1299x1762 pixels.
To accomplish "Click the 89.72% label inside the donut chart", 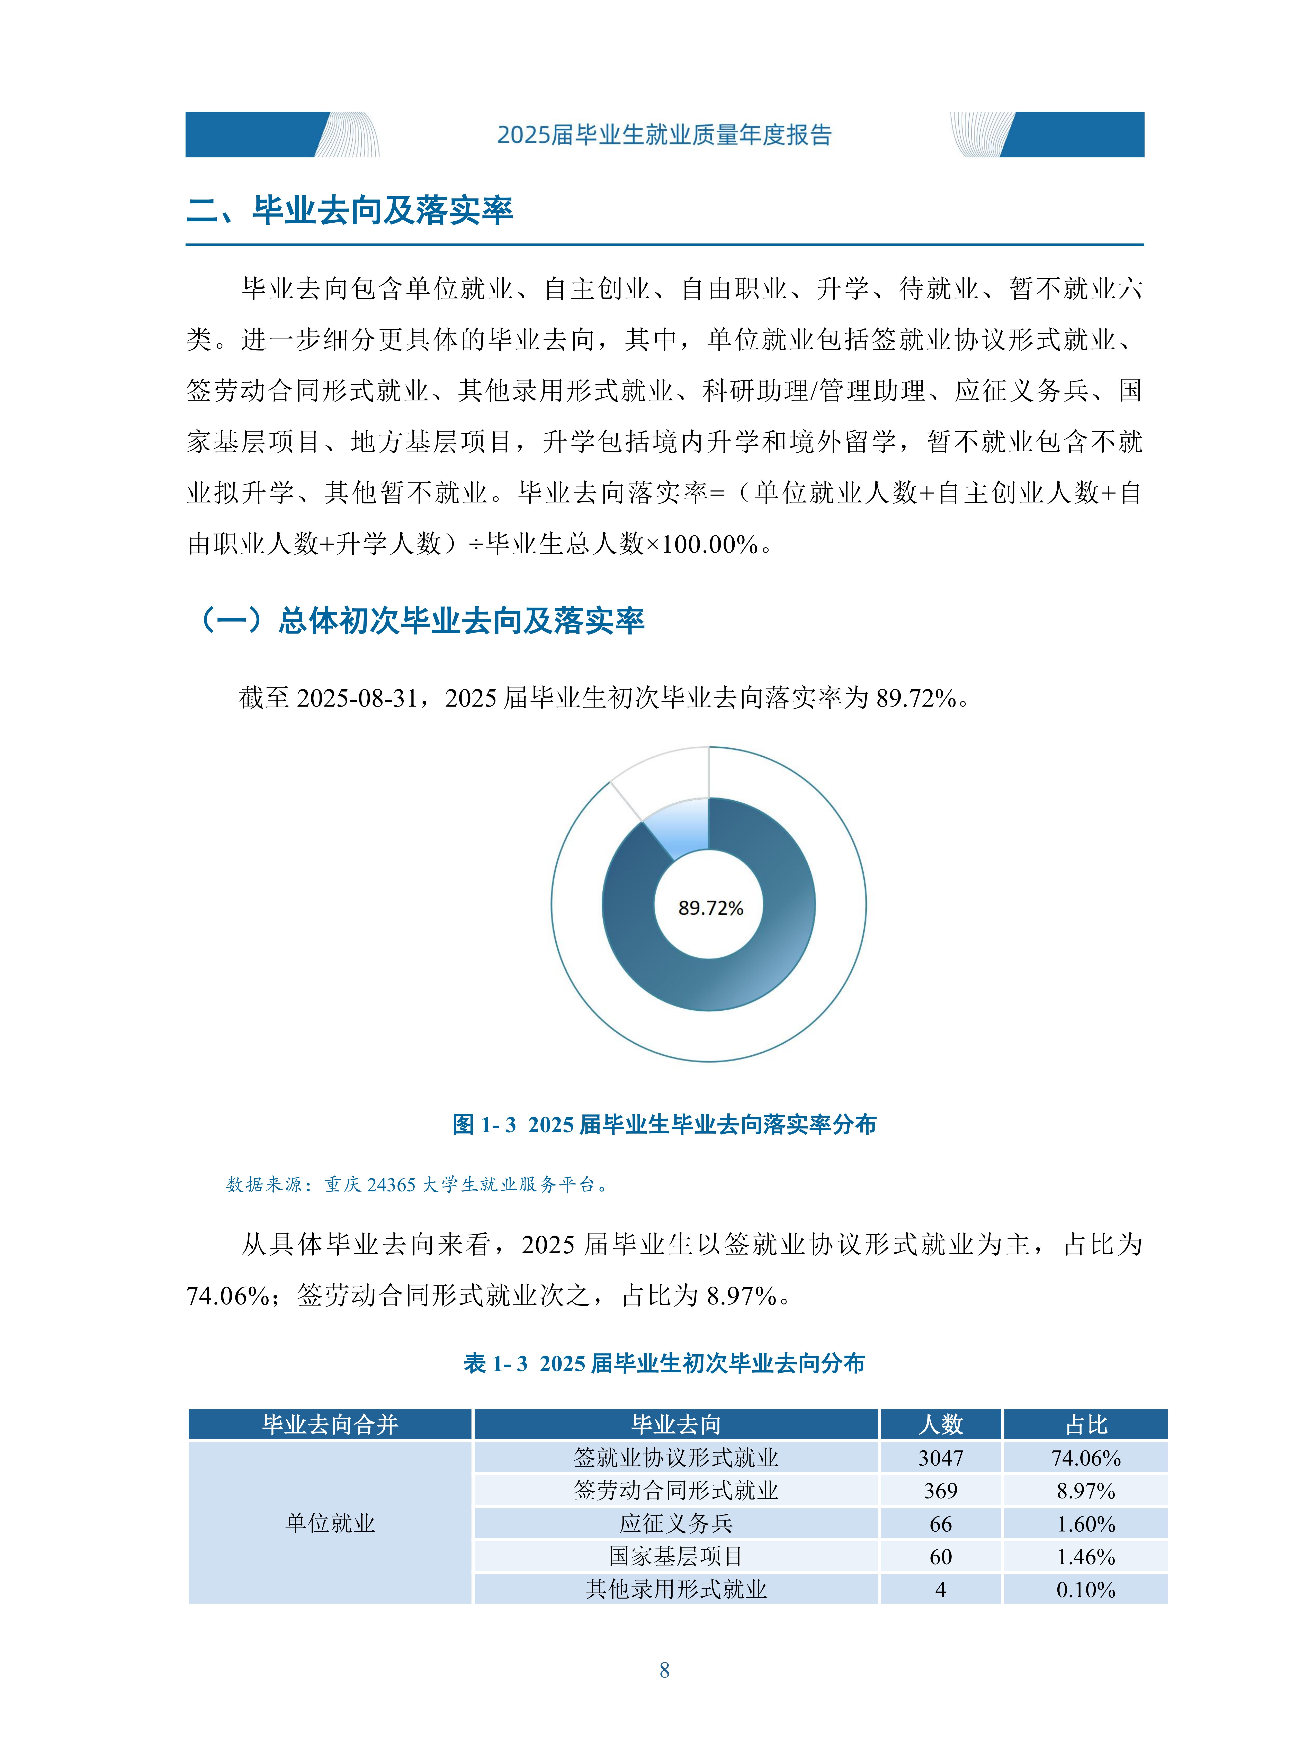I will click(710, 908).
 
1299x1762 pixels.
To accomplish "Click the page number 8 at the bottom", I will click(664, 1670).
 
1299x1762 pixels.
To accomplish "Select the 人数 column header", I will click(940, 1424).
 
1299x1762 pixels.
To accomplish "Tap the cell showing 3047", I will click(940, 1458).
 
